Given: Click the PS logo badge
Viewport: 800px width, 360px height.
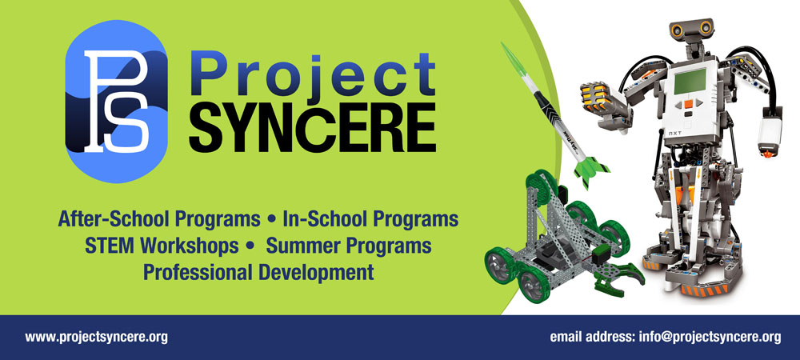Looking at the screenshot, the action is coord(116,102).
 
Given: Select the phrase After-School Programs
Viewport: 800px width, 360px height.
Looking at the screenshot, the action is coord(159,219).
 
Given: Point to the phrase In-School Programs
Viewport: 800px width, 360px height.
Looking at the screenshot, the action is coord(370,219).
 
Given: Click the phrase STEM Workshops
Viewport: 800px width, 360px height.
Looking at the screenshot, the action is coord(162,246).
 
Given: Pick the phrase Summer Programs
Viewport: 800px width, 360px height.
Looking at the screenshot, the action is coord(349,246).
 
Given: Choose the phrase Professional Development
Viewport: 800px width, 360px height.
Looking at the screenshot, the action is coord(258,272).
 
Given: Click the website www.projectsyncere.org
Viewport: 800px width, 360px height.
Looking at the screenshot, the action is coord(97,337).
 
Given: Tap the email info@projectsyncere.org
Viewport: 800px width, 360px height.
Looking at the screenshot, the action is coord(710,337).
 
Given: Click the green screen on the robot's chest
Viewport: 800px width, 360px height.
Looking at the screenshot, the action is coord(690,81).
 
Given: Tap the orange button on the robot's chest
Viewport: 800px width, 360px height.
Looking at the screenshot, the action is coord(689,104).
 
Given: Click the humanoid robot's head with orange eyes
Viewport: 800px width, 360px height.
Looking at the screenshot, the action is coord(691,32).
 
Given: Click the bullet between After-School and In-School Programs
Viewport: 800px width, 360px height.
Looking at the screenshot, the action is coord(271,219).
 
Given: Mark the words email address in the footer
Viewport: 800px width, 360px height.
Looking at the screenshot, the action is coord(592,337).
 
